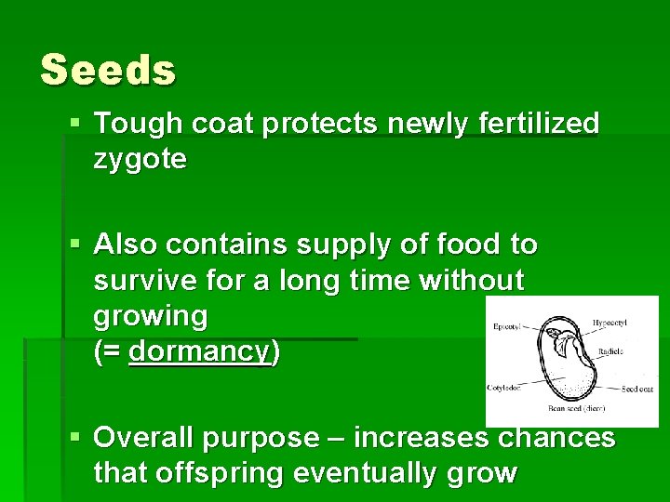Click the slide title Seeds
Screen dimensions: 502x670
pos(108,70)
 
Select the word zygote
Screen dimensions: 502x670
pos(140,160)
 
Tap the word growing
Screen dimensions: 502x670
pos(151,316)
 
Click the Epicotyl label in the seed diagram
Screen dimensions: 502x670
pos(508,326)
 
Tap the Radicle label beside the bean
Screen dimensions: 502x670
pos(611,352)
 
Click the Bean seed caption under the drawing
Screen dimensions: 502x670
pos(576,406)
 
